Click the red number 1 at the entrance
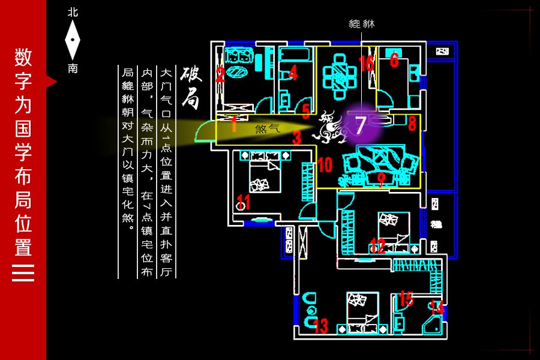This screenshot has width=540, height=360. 233,124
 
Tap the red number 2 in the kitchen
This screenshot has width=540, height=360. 220,75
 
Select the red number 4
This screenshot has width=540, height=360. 293,73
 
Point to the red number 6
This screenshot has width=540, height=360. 394,59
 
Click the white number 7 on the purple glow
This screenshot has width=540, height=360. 360,125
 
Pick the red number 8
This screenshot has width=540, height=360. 412,124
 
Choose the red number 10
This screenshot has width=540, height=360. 325,164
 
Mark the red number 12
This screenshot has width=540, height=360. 377,245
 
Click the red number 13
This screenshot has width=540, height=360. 320,326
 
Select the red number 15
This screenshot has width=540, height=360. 406,298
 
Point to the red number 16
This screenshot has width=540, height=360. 366,63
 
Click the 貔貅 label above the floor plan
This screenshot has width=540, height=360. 361,24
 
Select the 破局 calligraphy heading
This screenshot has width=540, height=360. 191,87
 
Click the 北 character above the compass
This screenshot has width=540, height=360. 73,12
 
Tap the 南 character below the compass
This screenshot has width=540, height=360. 73,68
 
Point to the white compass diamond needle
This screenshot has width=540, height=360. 73,40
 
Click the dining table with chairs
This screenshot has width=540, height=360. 340,77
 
